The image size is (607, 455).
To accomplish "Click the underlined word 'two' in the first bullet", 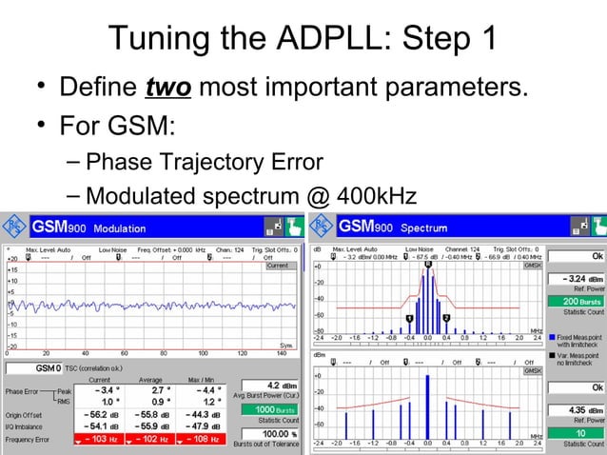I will pyautogui.click(x=167, y=90).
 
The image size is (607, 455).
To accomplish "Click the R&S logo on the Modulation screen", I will pyautogui.click(x=14, y=228).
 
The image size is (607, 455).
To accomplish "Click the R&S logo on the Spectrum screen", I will pyautogui.click(x=324, y=228).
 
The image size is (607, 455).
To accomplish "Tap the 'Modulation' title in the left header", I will pyautogui.click(x=119, y=229).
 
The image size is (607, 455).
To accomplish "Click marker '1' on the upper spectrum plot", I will pyautogui.click(x=409, y=318).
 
